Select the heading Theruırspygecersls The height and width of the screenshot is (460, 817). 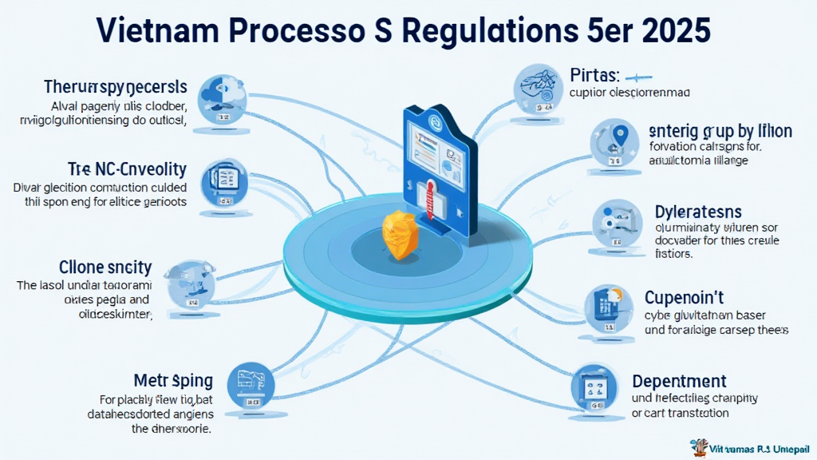tap(116, 86)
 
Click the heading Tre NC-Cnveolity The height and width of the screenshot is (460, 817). tap(128, 169)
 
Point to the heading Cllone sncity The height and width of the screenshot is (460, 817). tap(106, 266)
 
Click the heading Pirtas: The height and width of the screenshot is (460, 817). tap(595, 76)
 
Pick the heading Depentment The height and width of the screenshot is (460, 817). tap(679, 381)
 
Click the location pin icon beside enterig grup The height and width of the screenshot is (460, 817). tap(614, 142)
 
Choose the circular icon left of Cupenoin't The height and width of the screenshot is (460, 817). tap(606, 307)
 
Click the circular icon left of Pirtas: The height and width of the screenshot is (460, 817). tap(537, 87)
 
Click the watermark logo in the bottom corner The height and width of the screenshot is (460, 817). tap(697, 446)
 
